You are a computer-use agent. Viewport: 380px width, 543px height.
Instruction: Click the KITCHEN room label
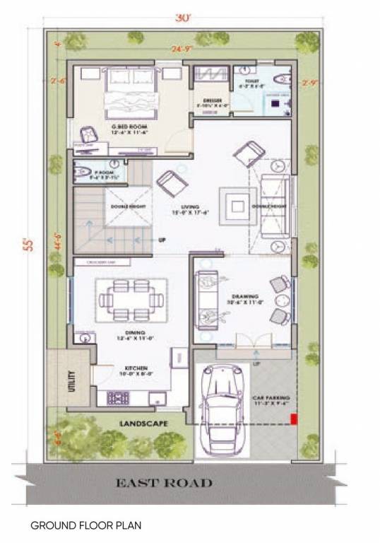(x=136, y=368)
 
